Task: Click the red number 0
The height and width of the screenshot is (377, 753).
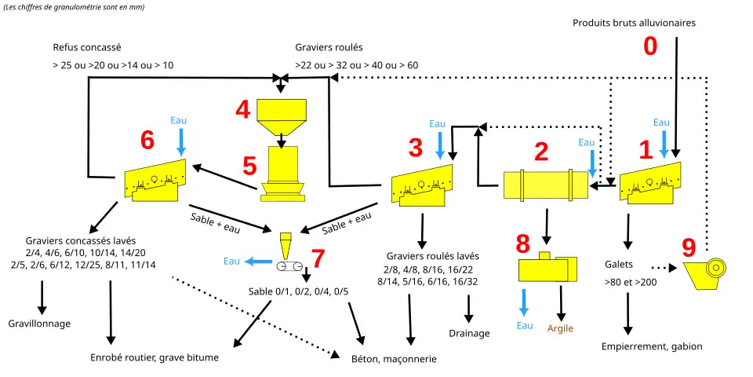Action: pos(650,46)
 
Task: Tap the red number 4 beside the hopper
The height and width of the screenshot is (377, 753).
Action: pos(243,110)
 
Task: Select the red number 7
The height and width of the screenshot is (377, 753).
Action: pos(317,258)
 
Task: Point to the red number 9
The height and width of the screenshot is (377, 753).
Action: pos(689,248)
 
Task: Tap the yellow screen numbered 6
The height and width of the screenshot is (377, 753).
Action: pos(156,181)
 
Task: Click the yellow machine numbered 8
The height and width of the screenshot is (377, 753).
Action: pos(547,268)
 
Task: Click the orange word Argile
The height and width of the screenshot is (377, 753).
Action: pos(560,328)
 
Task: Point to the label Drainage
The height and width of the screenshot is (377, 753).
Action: pos(470,333)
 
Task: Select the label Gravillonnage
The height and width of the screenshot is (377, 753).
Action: pos(40,324)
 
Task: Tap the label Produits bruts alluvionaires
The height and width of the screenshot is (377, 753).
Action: pos(634,23)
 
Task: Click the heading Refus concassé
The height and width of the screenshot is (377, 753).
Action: pos(87,47)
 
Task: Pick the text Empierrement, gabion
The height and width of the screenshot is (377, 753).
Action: pos(652,346)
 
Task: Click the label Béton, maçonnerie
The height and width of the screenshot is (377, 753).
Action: pos(394,359)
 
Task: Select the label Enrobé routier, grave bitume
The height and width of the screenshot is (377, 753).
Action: pos(155,357)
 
